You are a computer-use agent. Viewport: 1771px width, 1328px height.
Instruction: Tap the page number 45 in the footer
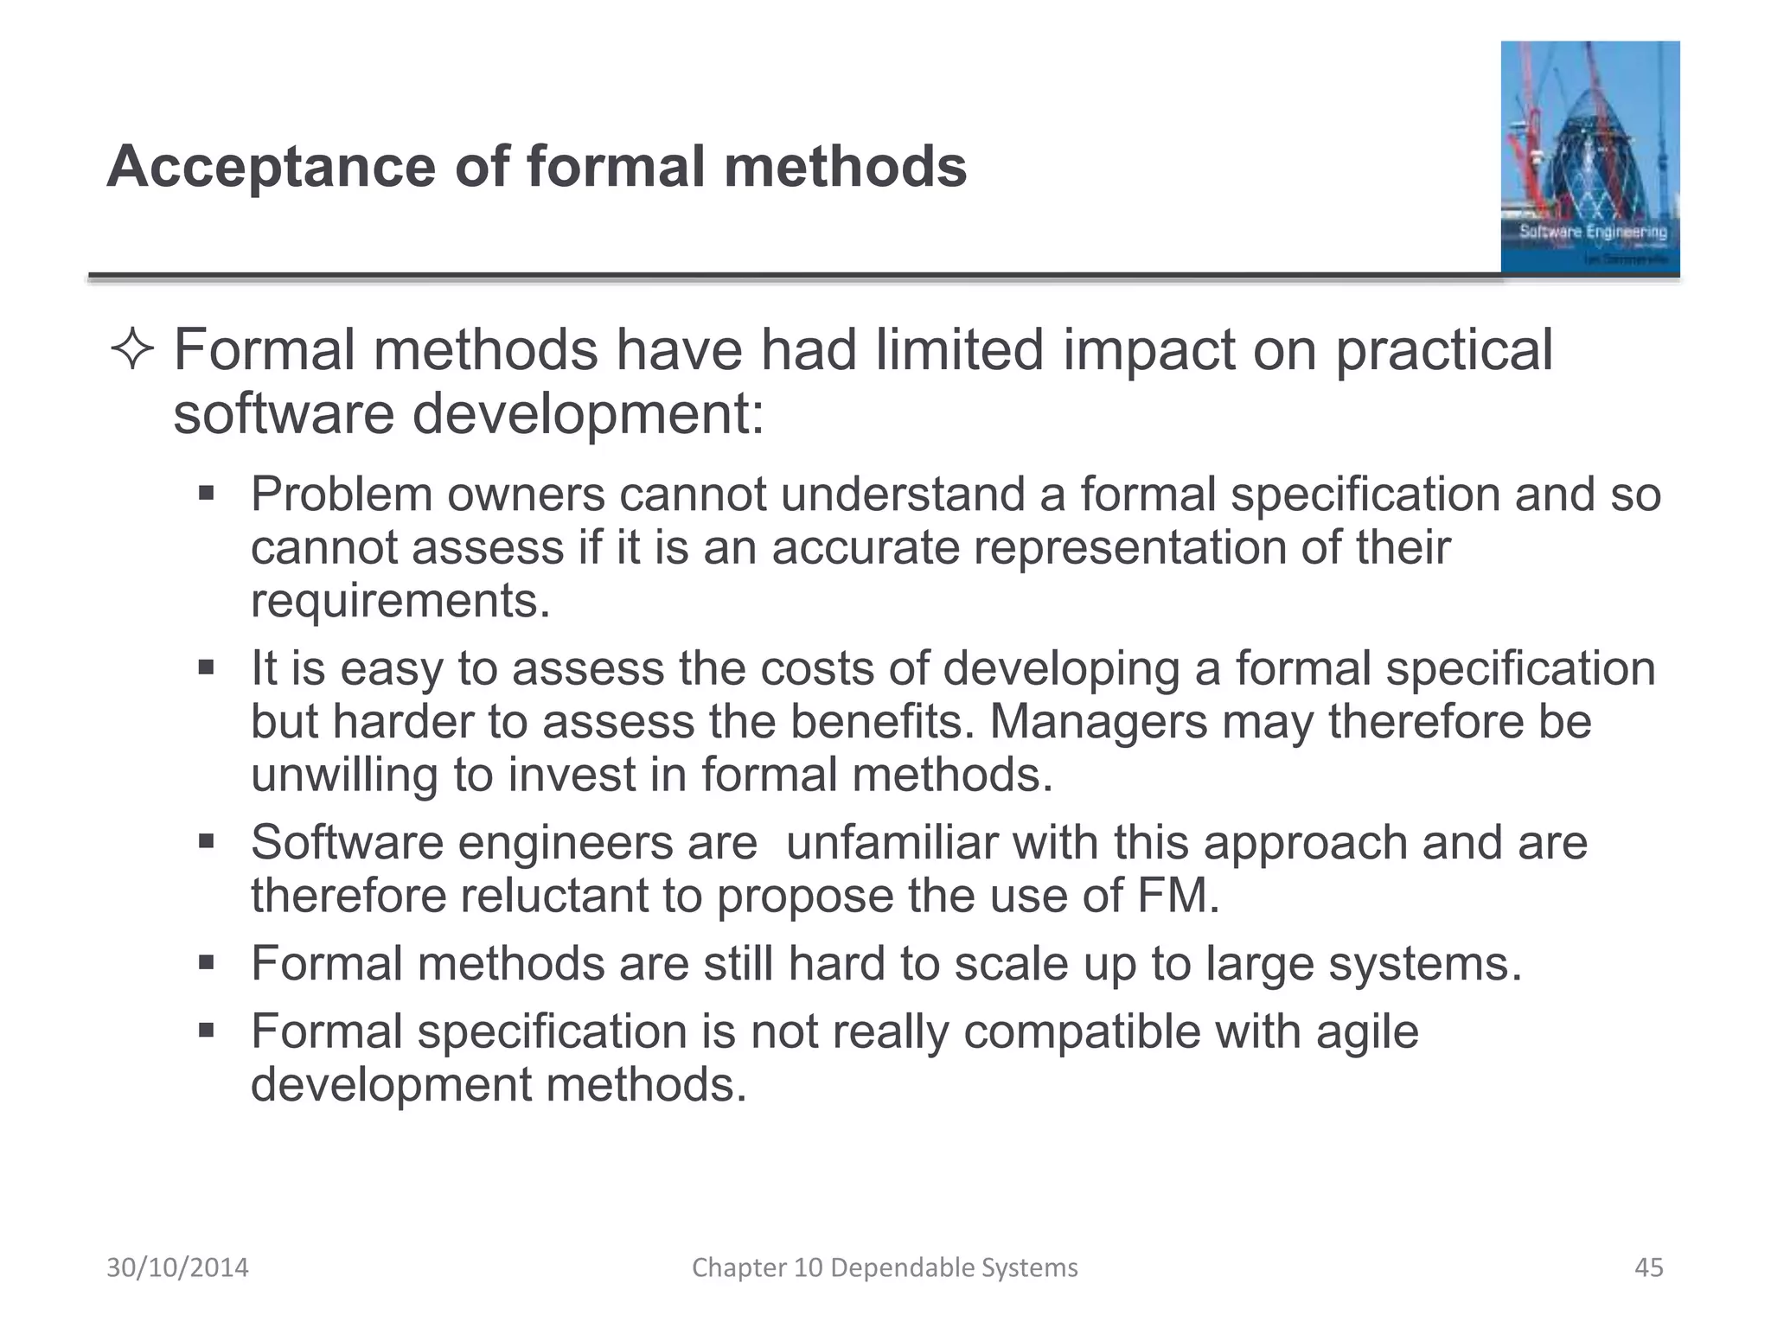pyautogui.click(x=1649, y=1267)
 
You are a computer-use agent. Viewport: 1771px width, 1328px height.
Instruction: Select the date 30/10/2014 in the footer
pyautogui.click(x=177, y=1267)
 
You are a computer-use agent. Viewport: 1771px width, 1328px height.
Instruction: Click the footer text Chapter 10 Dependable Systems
pyautogui.click(x=885, y=1267)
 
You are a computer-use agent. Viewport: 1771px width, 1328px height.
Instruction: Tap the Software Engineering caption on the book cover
pyautogui.click(x=1593, y=232)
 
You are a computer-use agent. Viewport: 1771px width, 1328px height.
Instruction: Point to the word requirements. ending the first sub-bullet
pyautogui.click(x=400, y=601)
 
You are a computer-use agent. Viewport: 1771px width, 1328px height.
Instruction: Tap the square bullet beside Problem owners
pyautogui.click(x=206, y=495)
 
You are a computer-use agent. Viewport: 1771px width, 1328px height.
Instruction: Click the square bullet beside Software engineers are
pyautogui.click(x=206, y=842)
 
